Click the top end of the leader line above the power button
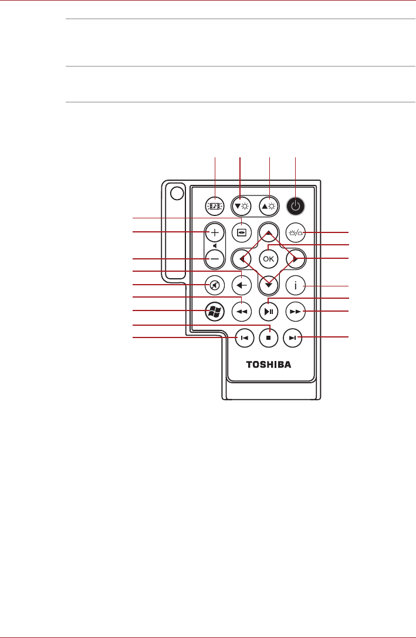pos(295,157)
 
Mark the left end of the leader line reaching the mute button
pos(133,285)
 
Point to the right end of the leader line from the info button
pos(349,286)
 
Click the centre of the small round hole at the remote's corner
pos(177,193)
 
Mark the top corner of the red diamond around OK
pos(268,232)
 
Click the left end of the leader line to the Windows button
pos(133,311)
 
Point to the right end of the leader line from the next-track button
pos(349,337)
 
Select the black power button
pos(296,206)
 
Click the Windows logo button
pos(215,312)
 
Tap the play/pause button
pos(268,312)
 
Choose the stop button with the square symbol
pos(268,337)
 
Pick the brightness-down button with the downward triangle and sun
pos(242,206)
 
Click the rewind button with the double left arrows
pos(242,312)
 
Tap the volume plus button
pos(215,233)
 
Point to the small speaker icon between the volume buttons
pos(215,246)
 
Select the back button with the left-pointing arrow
pos(242,286)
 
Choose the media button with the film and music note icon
pos(215,206)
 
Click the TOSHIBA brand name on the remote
pos(268,364)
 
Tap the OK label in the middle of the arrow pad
pos(268,259)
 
